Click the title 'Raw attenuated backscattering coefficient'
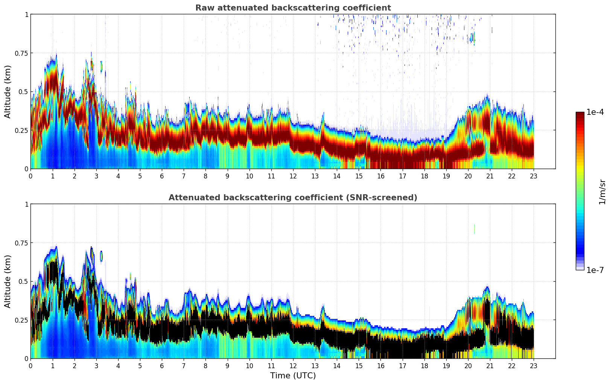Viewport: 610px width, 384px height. point(293,8)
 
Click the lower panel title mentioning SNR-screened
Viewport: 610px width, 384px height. point(293,198)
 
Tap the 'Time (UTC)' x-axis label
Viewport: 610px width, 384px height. point(293,376)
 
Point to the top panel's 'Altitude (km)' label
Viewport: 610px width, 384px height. point(8,91)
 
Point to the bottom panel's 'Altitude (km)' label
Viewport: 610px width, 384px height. point(8,281)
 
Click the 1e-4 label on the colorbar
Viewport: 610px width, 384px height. point(595,112)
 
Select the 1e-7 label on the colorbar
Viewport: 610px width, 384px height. point(595,270)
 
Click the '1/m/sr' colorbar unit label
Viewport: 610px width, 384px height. point(602,192)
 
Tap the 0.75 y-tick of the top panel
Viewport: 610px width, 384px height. point(21,53)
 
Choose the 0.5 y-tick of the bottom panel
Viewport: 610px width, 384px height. point(23,282)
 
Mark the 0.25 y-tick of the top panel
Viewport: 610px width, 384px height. point(21,130)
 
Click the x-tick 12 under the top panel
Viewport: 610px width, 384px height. point(293,176)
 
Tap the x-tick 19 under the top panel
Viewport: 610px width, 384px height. point(446,176)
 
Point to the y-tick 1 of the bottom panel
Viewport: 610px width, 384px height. point(26,204)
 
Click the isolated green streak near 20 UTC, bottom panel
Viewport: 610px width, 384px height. point(474,229)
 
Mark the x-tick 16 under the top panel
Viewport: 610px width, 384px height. point(380,176)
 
